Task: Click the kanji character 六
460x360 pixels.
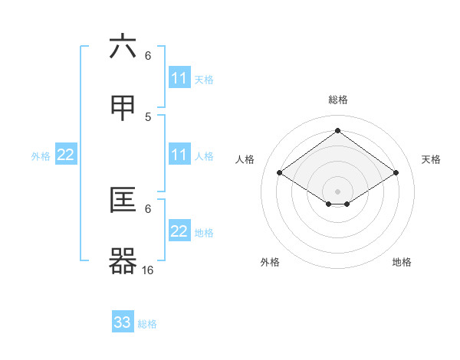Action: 123,47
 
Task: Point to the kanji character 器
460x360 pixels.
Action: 123,261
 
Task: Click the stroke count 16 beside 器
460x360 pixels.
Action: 148,270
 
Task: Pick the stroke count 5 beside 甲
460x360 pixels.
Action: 148,116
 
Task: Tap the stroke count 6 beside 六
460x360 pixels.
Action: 148,55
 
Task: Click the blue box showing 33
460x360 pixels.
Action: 123,322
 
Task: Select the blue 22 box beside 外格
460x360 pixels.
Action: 66,155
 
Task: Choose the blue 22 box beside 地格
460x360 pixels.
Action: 179,231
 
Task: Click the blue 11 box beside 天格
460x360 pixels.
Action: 179,78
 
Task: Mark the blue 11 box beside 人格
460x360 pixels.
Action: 179,155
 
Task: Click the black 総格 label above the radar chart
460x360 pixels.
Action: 337,100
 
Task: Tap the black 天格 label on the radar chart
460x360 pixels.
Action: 432,159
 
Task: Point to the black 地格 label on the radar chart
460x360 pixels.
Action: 402,262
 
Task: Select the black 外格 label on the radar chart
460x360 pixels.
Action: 270,262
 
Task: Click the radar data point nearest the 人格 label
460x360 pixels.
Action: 280,173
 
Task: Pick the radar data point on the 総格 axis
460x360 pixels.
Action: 337,131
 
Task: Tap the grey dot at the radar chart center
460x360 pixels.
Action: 337,191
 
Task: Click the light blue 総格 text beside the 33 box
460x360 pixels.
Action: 147,324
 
